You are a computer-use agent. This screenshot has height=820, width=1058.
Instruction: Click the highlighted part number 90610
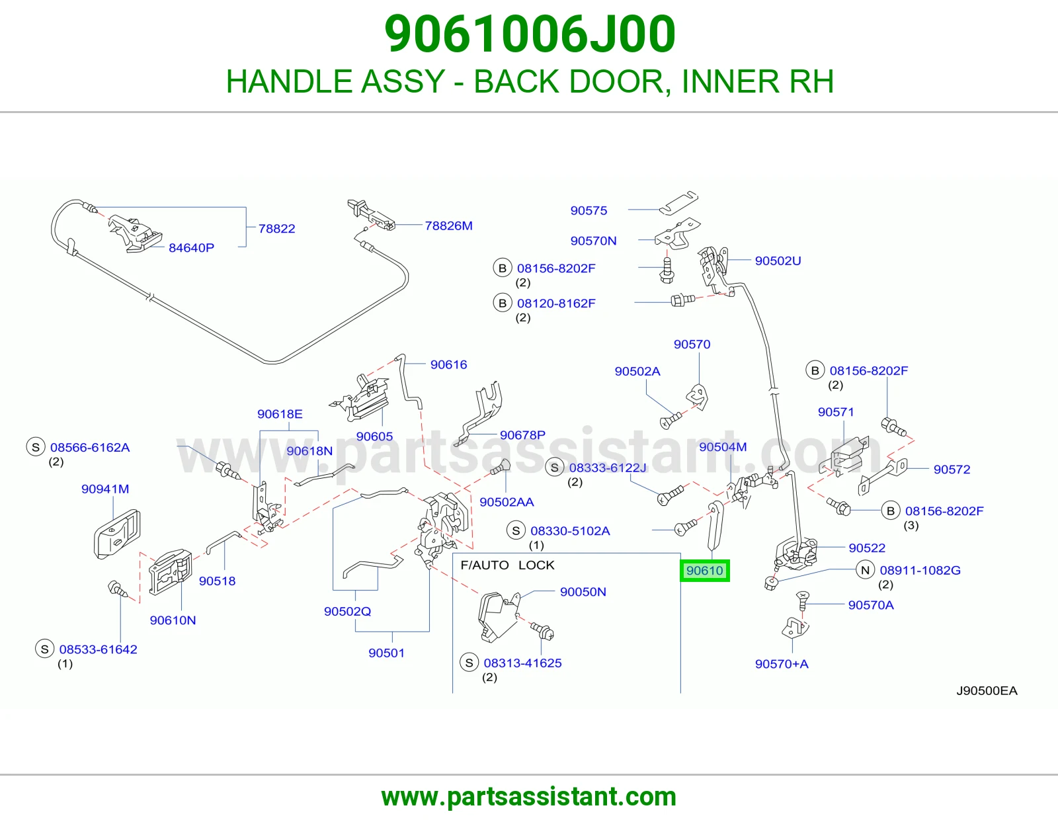pos(704,570)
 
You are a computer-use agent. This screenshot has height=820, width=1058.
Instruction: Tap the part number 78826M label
pos(448,225)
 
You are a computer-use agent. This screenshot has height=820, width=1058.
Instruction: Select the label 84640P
pos(191,248)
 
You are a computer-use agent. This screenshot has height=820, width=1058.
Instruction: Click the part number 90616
pos(448,364)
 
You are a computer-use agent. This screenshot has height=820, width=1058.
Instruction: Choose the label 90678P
pos(522,435)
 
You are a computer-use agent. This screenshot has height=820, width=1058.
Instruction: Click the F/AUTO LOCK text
pos(507,565)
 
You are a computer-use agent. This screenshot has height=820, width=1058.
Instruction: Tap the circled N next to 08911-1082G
pos(865,570)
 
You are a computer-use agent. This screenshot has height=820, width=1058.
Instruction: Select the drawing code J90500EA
pos(987,690)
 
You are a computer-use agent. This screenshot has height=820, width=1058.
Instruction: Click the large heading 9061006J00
pos(530,34)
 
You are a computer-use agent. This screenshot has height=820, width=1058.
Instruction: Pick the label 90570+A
pos(782,664)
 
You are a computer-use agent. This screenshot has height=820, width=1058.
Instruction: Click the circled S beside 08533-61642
pos(45,649)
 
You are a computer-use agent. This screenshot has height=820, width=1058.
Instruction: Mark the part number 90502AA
pos(507,502)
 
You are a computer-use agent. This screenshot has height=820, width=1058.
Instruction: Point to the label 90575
pos(589,210)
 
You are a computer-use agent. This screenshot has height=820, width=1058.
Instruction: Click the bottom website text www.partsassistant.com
pos(529,797)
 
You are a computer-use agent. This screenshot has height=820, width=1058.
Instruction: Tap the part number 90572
pos(952,470)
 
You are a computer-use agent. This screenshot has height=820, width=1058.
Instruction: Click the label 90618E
pos(280,414)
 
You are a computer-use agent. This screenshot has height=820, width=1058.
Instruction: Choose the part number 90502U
pos(778,261)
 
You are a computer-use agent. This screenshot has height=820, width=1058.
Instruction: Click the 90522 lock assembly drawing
pos(796,554)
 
